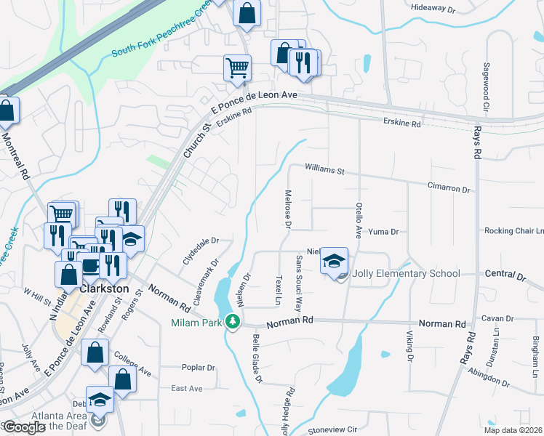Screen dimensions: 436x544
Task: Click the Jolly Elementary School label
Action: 406,274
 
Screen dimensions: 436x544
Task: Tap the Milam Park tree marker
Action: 233,320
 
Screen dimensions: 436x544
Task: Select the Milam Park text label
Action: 196,323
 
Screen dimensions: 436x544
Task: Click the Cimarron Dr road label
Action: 449,188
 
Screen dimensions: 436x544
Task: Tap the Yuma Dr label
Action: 383,232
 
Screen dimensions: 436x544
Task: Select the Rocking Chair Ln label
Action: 514,230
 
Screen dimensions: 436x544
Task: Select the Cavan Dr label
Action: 497,318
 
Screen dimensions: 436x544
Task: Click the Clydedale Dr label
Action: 199,240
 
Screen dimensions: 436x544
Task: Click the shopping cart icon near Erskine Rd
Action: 237,68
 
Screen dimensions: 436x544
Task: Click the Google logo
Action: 25,427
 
